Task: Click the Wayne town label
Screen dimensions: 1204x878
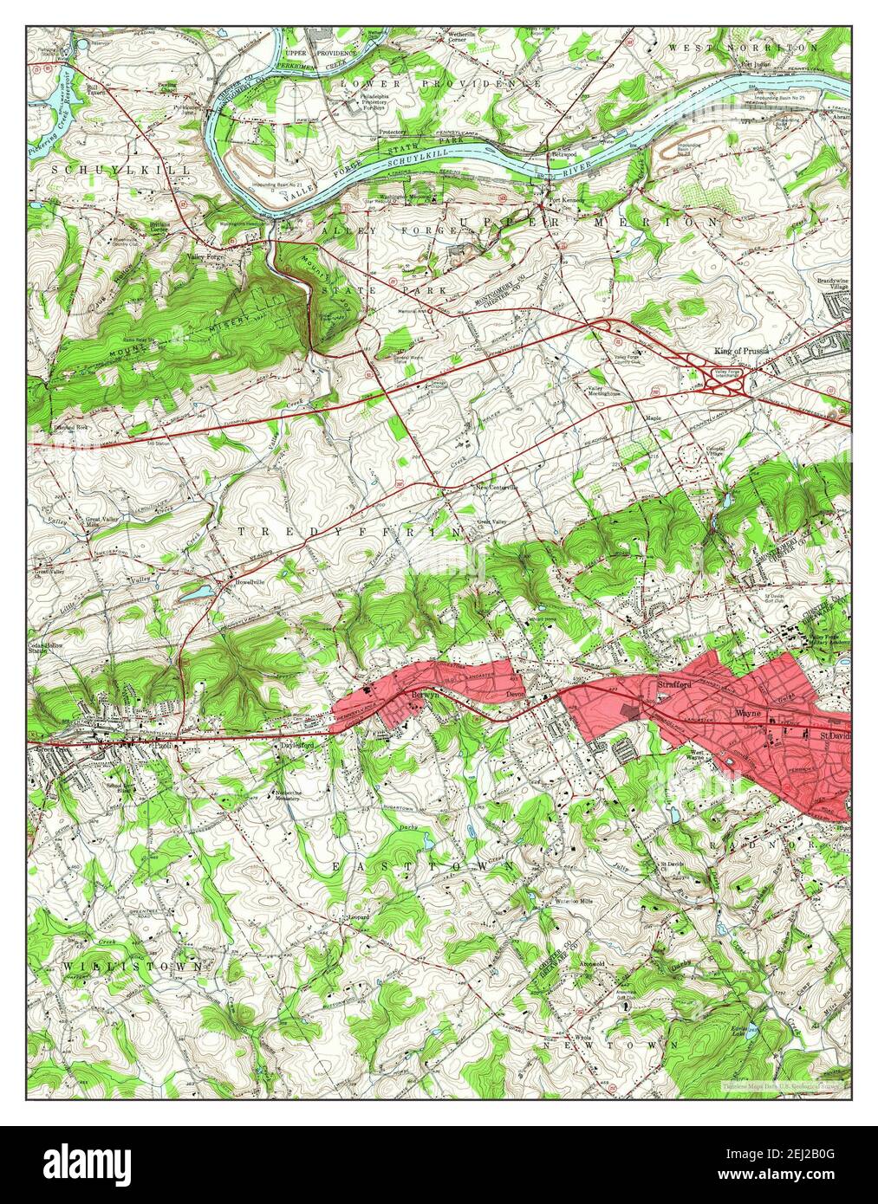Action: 747,714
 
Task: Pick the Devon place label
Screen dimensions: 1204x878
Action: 517,696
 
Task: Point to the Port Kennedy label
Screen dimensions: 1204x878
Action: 563,204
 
